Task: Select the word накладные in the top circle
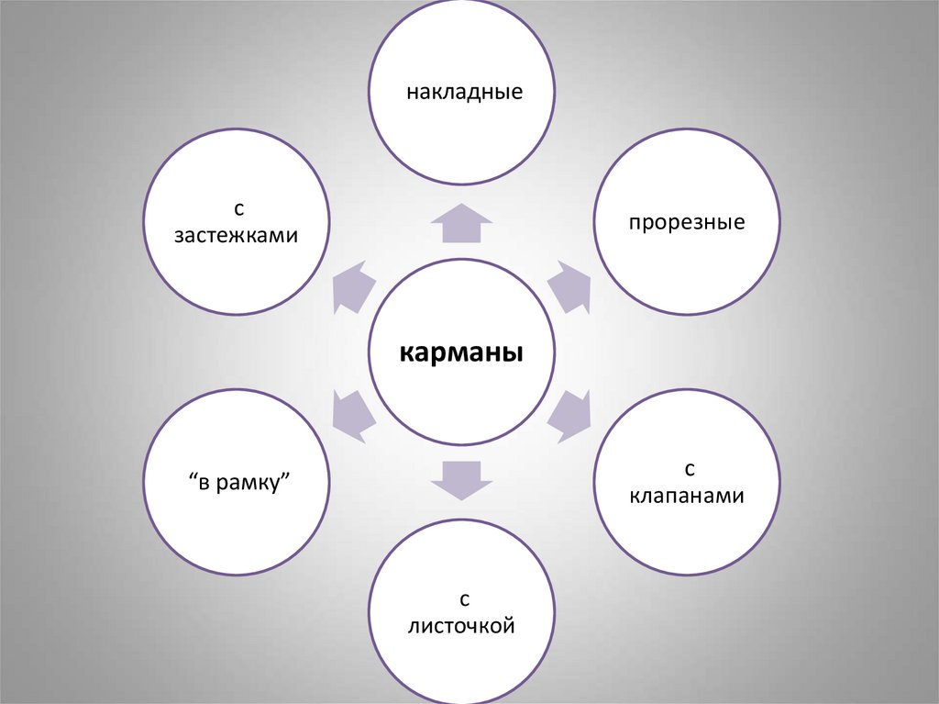click(x=464, y=93)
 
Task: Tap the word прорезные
click(x=686, y=223)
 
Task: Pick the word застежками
click(x=237, y=235)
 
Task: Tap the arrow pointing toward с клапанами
click(x=569, y=416)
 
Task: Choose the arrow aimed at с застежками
click(x=354, y=286)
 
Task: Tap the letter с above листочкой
click(x=464, y=600)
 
